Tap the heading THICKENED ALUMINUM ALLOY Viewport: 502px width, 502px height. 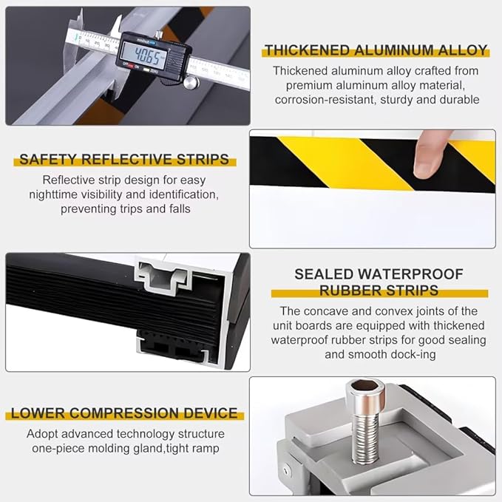tap(376, 50)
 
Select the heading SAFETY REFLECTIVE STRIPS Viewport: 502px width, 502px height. tap(123, 159)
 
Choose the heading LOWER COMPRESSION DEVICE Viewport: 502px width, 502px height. tap(124, 413)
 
